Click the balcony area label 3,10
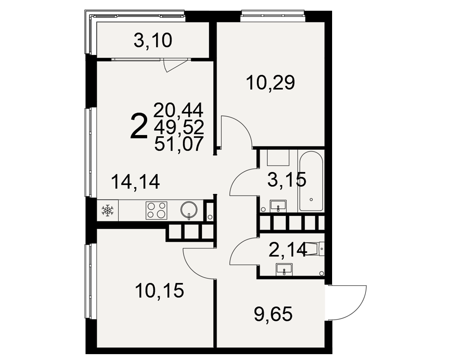click(153, 41)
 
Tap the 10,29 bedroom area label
click(270, 83)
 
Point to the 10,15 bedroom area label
click(160, 290)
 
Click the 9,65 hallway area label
click(273, 314)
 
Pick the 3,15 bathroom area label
click(287, 180)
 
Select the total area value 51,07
click(179, 144)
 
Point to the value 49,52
click(179, 127)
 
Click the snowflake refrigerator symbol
click(108, 211)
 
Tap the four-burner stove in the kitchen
click(157, 211)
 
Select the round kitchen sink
click(189, 210)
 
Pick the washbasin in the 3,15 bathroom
click(278, 206)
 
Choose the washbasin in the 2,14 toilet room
click(284, 270)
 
